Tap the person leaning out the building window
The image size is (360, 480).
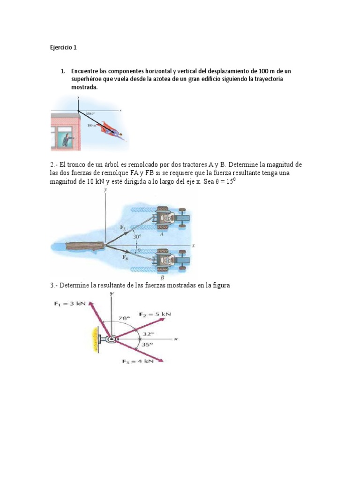[x=68, y=139]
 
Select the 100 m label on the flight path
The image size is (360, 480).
[x=91, y=126]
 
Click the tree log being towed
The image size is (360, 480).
[x=84, y=246]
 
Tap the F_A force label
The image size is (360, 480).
[x=123, y=228]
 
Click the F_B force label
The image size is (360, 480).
[x=126, y=257]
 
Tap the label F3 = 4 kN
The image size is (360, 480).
[x=136, y=361]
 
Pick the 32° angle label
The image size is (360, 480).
[x=149, y=334]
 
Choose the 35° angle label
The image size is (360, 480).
[x=148, y=345]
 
